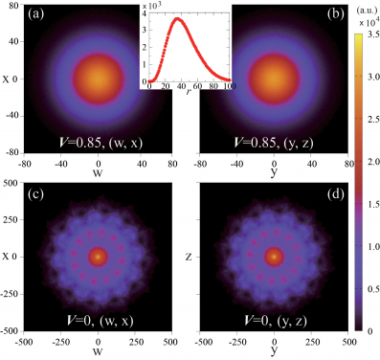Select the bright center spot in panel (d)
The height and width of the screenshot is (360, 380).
tap(274, 257)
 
